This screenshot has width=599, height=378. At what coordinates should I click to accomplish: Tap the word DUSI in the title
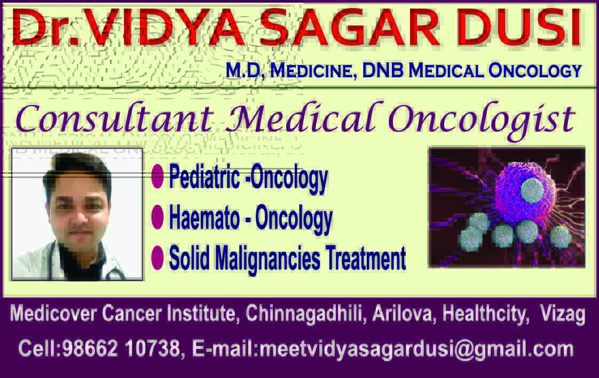coord(522,28)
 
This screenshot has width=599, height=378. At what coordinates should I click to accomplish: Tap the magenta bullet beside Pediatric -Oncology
coord(157,176)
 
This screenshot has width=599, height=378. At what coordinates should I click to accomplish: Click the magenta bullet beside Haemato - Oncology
coord(157,216)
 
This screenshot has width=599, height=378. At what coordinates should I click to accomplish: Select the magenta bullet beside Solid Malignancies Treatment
coord(157,258)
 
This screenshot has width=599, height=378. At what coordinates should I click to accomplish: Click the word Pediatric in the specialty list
coord(205,176)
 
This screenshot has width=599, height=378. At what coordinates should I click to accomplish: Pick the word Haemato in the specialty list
coord(204,218)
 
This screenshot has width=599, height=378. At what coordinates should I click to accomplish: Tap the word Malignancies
coord(267,259)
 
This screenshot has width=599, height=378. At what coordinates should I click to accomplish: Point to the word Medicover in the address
coord(53,313)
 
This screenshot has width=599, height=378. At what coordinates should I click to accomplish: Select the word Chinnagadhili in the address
coord(304,314)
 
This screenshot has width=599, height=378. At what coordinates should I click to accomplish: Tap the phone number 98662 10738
coord(121,348)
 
